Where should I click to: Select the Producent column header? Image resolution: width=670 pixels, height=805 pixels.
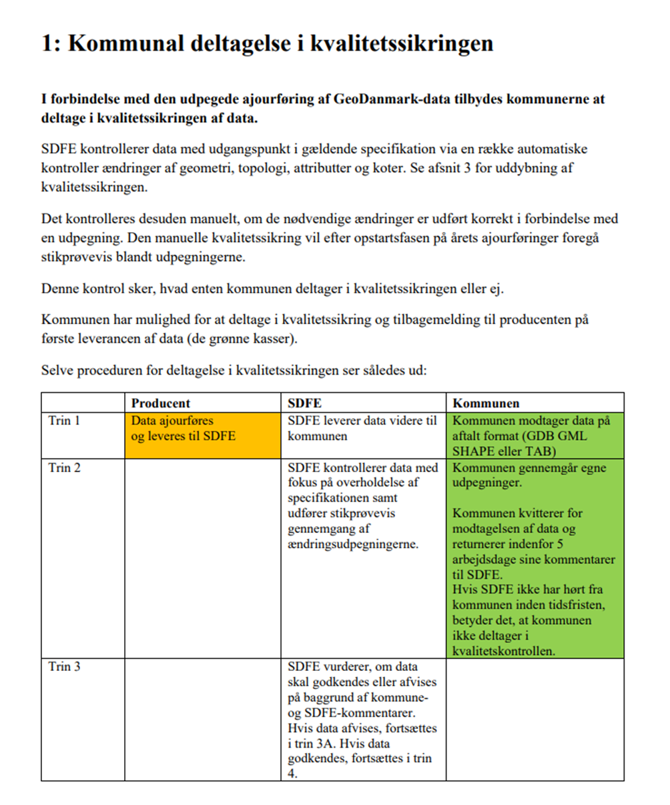160,403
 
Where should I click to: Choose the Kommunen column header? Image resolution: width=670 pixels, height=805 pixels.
486,403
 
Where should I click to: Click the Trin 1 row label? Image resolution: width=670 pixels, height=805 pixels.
64,421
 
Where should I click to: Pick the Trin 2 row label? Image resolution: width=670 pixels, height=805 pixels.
64,468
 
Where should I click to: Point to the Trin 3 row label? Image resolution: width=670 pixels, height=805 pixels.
64,666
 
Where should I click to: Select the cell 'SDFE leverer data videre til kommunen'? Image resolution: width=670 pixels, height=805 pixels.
362,429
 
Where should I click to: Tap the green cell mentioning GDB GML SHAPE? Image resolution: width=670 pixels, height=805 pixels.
534,436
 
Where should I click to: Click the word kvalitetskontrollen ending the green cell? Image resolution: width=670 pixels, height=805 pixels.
504,651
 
